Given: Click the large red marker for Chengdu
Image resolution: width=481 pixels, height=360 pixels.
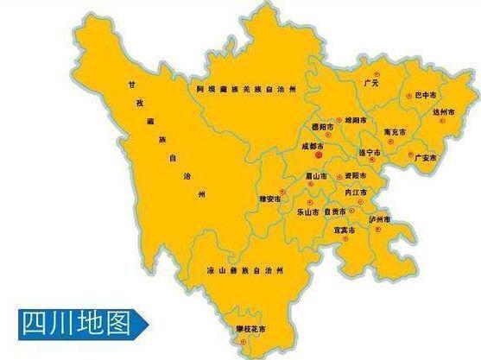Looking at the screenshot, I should point(318,157).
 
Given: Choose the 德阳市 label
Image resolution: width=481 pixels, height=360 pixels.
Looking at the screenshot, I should point(320,127).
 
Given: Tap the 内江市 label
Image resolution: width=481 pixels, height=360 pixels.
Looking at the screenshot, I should point(356,193).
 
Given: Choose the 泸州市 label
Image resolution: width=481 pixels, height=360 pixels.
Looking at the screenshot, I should point(380,221).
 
